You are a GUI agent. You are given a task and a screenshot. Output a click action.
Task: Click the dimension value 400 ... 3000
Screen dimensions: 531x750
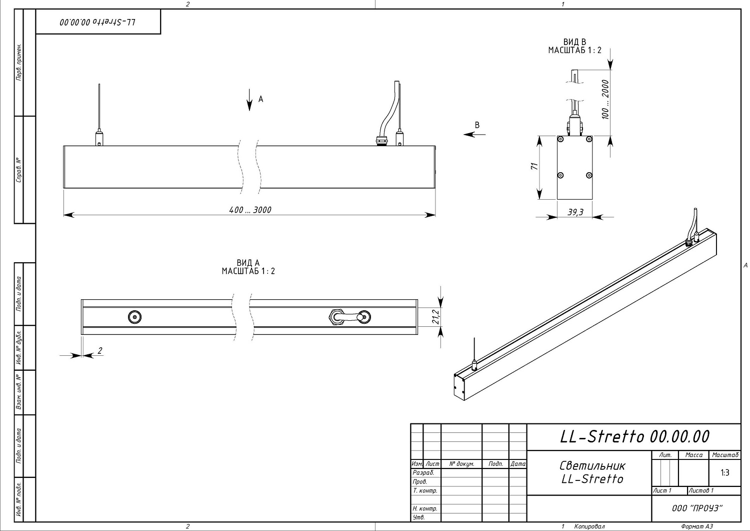click(250, 210)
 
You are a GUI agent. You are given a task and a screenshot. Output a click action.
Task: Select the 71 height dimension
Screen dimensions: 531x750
click(533, 167)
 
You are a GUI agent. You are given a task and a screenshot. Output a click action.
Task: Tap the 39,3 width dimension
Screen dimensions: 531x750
click(575, 212)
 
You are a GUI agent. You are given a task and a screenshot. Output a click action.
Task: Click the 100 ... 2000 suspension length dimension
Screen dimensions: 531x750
click(605, 100)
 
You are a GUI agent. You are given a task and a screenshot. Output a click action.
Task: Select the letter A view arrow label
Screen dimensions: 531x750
click(260, 99)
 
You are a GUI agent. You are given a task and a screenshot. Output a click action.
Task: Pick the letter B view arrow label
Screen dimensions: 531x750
click(477, 125)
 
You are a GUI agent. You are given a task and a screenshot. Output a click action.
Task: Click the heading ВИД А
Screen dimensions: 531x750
click(248, 263)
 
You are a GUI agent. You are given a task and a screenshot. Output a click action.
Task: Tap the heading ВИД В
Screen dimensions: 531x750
click(574, 42)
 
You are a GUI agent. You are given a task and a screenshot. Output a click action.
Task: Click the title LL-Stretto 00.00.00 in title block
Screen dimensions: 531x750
click(634, 436)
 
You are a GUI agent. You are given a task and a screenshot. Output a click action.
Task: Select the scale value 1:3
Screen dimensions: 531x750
click(724, 472)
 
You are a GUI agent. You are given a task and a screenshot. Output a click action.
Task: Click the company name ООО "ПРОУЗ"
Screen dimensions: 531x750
click(697, 508)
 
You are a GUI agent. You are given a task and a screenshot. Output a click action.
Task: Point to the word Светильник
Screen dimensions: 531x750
click(592, 465)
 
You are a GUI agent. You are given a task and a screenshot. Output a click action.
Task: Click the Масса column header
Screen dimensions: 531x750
click(693, 455)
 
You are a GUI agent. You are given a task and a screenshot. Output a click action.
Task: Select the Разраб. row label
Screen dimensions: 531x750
click(423, 472)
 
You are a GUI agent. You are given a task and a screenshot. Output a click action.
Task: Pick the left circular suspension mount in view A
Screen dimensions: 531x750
click(134, 317)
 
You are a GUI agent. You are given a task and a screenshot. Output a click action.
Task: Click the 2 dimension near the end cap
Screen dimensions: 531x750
click(100, 351)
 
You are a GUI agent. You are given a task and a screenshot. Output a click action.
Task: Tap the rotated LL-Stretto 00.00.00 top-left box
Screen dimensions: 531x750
click(98, 22)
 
